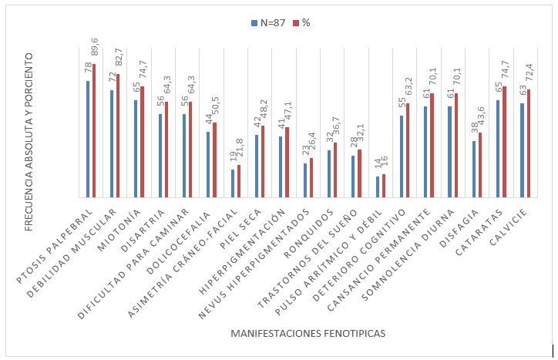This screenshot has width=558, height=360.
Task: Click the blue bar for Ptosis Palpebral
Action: pyautogui.click(x=88, y=140)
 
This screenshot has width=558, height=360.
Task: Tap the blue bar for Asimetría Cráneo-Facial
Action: pyautogui.click(x=233, y=183)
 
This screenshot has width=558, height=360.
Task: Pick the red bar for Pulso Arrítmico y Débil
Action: pyautogui.click(x=383, y=186)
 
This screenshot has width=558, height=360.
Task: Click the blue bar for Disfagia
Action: pyautogui.click(x=474, y=169)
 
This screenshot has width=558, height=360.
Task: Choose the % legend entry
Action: pyautogui.click(x=301, y=23)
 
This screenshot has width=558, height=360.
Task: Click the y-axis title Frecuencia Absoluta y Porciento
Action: pyautogui.click(x=29, y=132)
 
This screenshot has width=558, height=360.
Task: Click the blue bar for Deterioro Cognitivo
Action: pyautogui.click(x=402, y=157)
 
